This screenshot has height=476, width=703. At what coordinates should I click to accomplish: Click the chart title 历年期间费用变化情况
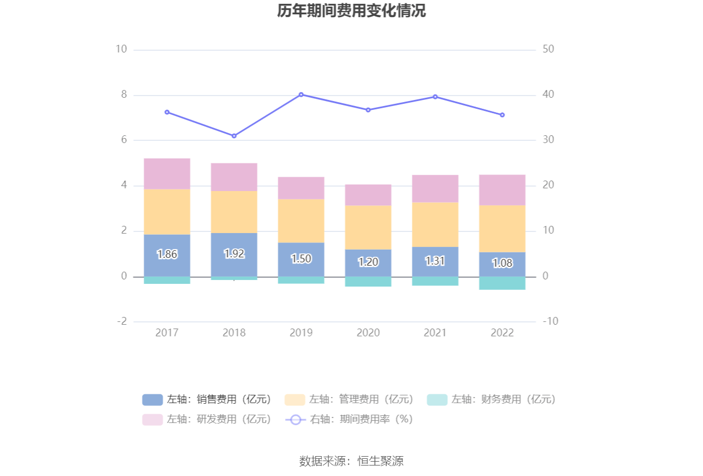pyautogui.click(x=351, y=11)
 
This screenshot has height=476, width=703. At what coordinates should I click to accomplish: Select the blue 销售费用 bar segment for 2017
pyautogui.click(x=167, y=243)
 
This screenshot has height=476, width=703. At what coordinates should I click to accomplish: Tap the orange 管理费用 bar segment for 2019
pyautogui.click(x=301, y=221)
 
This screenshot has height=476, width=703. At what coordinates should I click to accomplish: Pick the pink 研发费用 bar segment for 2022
pyautogui.click(x=502, y=190)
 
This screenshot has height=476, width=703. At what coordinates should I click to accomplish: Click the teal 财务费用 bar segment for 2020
pyautogui.click(x=368, y=282)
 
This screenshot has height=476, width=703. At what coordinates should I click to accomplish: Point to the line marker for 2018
pyautogui.click(x=234, y=136)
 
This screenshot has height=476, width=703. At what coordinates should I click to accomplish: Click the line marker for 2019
pyautogui.click(x=301, y=94)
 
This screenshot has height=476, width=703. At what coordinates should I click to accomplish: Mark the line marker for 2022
pyautogui.click(x=502, y=115)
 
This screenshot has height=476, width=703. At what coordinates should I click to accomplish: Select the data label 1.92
pyautogui.click(x=234, y=254)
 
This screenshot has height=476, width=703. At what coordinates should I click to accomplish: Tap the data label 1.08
pyautogui.click(x=502, y=263)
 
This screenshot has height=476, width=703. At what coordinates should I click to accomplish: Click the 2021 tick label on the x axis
pyautogui.click(x=435, y=333)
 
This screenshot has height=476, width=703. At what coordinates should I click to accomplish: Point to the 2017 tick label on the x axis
pyautogui.click(x=167, y=333)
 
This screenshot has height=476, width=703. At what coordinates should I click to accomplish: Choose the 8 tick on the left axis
pyautogui.click(x=124, y=95)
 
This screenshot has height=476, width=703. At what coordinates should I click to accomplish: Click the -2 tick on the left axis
pyautogui.click(x=122, y=321)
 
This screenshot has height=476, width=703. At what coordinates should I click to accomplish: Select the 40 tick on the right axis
pyautogui.click(x=548, y=95)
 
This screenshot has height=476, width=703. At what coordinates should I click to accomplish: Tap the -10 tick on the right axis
pyautogui.click(x=550, y=321)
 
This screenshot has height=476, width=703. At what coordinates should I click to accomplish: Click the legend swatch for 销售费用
pyautogui.click(x=153, y=399)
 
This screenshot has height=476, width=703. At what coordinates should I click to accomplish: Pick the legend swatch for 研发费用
pyautogui.click(x=153, y=419)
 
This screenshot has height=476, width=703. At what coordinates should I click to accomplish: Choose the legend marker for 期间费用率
pyautogui.click(x=296, y=419)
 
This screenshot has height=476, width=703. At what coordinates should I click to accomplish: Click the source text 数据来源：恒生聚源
pyautogui.click(x=351, y=461)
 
